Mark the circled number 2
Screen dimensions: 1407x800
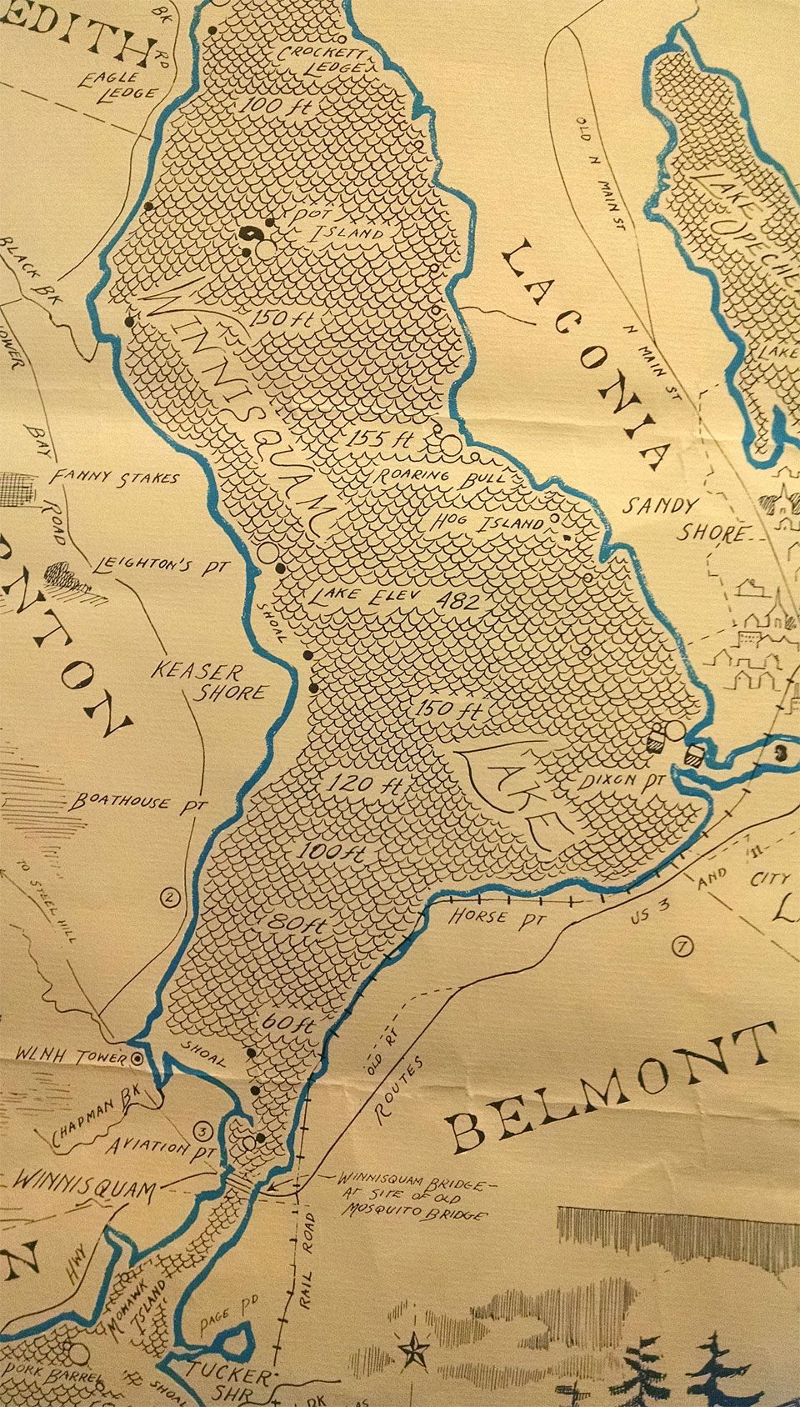click(169, 898)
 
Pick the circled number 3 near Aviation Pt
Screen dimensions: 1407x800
click(202, 1131)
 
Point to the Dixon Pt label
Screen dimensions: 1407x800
click(623, 781)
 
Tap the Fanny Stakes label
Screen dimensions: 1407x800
click(114, 478)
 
